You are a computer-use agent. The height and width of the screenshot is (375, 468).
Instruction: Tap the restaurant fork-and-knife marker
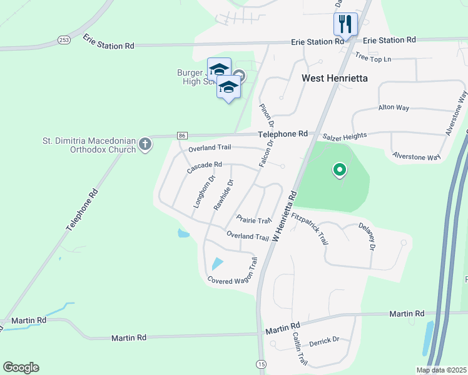pyautogui.click(x=345, y=24)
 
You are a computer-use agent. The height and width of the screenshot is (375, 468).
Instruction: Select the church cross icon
pyautogui.click(x=145, y=145)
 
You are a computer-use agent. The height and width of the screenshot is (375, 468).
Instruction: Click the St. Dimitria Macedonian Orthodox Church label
pyautogui.click(x=89, y=145)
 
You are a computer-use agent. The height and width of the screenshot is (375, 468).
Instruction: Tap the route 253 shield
pyautogui.click(x=64, y=39)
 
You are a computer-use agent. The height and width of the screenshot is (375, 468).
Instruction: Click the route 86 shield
pyautogui.click(x=182, y=136)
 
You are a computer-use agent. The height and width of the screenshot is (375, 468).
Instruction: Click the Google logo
pyautogui.click(x=21, y=367)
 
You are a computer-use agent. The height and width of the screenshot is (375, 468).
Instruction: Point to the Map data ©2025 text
pyautogui.click(x=441, y=370)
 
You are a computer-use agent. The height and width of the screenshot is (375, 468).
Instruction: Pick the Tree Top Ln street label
pyautogui.click(x=372, y=58)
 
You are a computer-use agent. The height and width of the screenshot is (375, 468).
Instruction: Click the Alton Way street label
pyautogui.click(x=394, y=107)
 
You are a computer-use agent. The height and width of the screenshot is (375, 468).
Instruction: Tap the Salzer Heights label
pyautogui.click(x=344, y=136)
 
